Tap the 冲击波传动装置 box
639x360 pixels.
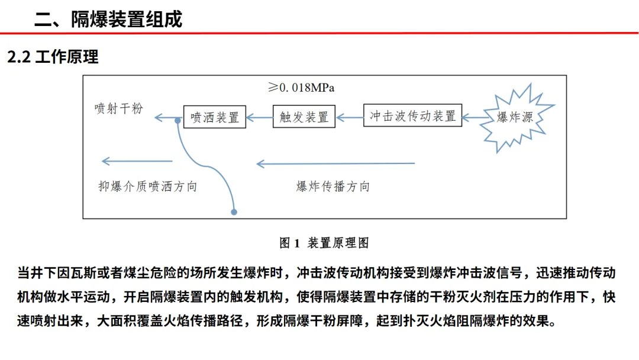pyautogui.click(x=412, y=116)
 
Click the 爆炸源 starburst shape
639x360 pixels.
pyautogui.click(x=515, y=117)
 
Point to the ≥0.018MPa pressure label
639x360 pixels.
pyautogui.click(x=301, y=88)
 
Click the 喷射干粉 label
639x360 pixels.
pyautogui.click(x=119, y=108)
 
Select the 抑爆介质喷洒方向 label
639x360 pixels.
pyautogui.click(x=147, y=187)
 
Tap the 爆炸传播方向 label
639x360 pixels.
pyautogui.click(x=333, y=187)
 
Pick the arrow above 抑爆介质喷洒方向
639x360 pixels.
pyautogui.click(x=137, y=161)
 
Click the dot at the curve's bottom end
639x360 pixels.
pyautogui.click(x=234, y=211)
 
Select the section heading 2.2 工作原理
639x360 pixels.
pyautogui.click(x=53, y=57)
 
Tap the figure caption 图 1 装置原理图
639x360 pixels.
pyautogui.click(x=324, y=243)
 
